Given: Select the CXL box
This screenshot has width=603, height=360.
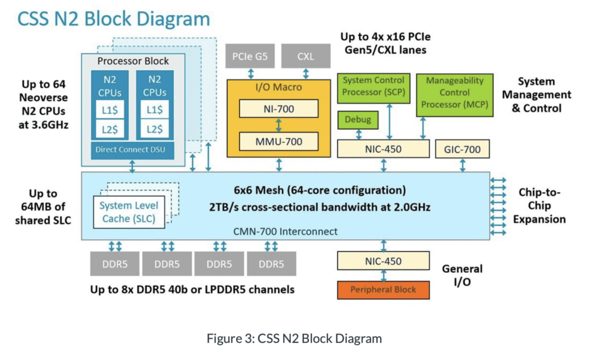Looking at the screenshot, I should (x=306, y=57).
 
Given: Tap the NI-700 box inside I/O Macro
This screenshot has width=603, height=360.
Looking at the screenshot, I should (x=279, y=108).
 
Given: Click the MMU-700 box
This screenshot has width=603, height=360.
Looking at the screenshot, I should (x=279, y=141).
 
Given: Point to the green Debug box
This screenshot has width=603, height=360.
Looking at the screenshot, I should (x=357, y=120).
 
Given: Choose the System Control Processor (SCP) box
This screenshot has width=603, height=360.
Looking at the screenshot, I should (x=373, y=86).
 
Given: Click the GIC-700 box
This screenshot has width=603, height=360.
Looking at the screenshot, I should (x=462, y=150).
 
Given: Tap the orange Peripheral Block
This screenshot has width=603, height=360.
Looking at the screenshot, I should (x=383, y=290).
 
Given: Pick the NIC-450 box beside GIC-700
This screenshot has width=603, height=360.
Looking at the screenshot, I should (x=383, y=150).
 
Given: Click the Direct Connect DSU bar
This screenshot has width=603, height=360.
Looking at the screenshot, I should (x=132, y=150).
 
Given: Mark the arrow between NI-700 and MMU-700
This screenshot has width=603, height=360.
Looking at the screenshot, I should (x=279, y=125).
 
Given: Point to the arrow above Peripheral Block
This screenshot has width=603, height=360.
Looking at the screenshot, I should (x=383, y=275).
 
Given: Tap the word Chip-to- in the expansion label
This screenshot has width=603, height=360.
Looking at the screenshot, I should (x=539, y=193).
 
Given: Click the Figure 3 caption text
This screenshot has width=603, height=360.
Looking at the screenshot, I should (x=294, y=339).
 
